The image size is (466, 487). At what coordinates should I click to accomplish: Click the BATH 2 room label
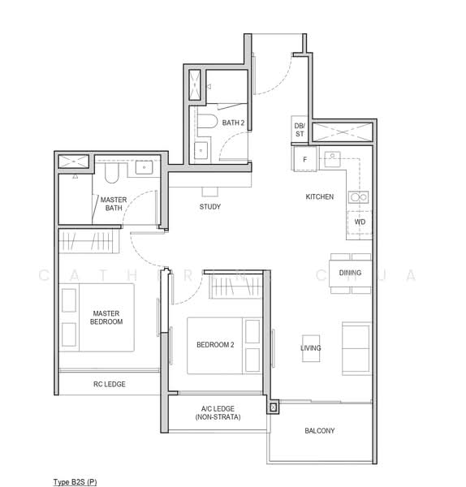(x=233, y=123)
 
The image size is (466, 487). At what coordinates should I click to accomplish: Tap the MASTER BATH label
(x=114, y=204)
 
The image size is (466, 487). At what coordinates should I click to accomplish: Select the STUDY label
(x=210, y=206)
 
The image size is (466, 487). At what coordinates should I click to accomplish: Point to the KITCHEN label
(x=320, y=196)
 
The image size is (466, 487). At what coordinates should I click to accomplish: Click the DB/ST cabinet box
(x=300, y=130)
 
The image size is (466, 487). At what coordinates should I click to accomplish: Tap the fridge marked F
(x=305, y=159)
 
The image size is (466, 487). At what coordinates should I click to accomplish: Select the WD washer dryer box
(x=360, y=222)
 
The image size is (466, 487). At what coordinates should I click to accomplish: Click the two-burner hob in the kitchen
(x=359, y=197)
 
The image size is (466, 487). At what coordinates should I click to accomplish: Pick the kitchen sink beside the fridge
(x=332, y=159)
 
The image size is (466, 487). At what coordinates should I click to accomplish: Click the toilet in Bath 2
(x=207, y=121)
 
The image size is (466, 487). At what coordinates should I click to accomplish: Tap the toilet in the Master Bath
(x=112, y=173)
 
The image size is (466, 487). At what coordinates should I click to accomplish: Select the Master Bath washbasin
(x=145, y=167)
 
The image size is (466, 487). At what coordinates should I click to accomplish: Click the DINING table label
(x=350, y=273)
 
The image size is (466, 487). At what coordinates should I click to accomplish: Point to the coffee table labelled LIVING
(x=311, y=348)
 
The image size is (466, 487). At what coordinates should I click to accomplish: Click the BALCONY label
(x=320, y=431)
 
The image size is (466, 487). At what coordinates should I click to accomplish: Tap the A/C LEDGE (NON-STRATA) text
(x=218, y=413)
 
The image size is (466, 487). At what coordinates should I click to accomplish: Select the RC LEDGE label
(x=110, y=384)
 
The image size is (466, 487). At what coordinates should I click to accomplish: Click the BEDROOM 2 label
(x=215, y=345)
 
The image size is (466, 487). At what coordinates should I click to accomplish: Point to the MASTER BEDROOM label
(x=106, y=317)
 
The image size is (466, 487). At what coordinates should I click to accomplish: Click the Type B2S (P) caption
(x=75, y=482)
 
